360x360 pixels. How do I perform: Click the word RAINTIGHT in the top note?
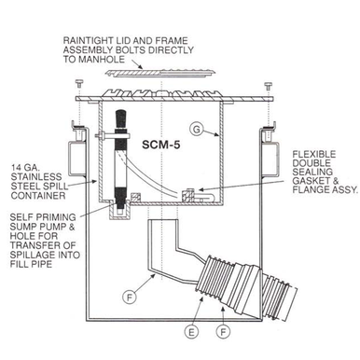[x=92, y=40]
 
